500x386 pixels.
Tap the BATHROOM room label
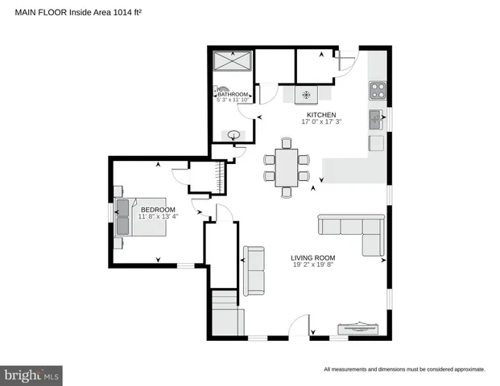(234, 93)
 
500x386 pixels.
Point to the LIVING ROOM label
(313, 258)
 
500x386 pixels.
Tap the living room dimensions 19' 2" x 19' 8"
(313, 265)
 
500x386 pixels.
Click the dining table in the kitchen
(286, 166)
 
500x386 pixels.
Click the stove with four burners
(377, 90)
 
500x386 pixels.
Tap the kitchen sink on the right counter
(376, 121)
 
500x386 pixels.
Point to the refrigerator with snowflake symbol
(306, 95)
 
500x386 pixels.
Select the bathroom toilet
(222, 92)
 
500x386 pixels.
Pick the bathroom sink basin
(233, 136)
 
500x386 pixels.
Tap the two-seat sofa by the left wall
(254, 270)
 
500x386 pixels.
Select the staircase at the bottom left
(226, 314)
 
